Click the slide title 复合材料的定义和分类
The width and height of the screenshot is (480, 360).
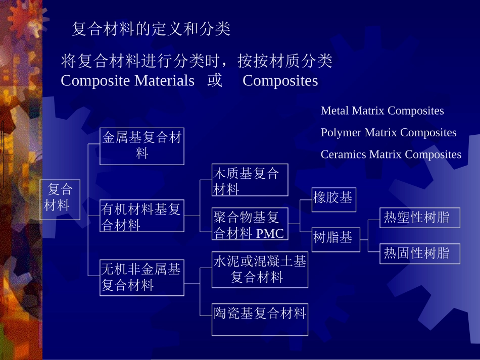(151, 29)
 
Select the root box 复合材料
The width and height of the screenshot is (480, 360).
(60, 199)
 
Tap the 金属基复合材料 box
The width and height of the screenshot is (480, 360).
(141, 146)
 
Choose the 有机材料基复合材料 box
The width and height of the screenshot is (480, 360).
(141, 216)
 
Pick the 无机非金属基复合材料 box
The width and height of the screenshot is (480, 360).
(141, 277)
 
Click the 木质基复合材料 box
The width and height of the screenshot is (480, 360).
(250, 180)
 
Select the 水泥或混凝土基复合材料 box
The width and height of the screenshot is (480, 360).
(260, 270)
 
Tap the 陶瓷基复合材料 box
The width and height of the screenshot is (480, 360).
(260, 319)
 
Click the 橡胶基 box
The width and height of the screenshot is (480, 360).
(333, 198)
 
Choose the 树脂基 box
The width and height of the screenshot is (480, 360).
(336, 239)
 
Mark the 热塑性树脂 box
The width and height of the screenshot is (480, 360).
(420, 217)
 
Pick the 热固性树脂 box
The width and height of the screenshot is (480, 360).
(420, 253)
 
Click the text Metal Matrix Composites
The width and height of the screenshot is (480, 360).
(382, 111)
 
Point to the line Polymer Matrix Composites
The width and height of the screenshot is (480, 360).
(389, 132)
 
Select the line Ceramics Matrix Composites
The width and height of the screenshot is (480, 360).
(391, 154)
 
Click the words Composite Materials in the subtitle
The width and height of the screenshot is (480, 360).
(127, 81)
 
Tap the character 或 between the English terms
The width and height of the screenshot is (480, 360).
(214, 81)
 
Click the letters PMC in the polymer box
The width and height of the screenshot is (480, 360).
(270, 234)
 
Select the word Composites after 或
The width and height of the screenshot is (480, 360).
(280, 81)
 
